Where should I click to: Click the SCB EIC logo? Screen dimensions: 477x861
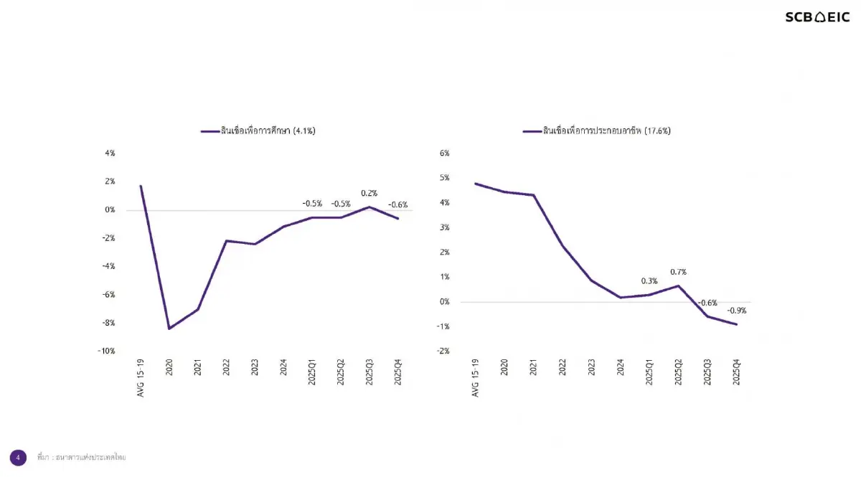pos(817,17)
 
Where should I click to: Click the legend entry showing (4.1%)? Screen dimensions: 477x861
pos(258,131)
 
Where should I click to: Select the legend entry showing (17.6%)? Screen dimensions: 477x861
pos(597,131)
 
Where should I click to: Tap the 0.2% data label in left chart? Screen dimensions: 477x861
pos(370,193)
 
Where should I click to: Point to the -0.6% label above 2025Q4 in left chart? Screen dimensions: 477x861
pos(397,204)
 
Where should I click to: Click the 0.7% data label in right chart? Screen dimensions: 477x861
pos(678,272)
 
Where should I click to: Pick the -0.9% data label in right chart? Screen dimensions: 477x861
pos(737,311)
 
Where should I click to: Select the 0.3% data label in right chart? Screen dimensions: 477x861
pos(649,280)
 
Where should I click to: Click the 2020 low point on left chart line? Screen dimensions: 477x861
pos(169,329)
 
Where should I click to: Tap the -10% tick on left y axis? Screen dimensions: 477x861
pos(106,351)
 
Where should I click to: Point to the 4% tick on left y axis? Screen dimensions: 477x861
pos(110,154)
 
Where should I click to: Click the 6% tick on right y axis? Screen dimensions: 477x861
pos(444,154)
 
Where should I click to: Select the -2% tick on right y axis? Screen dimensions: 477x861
pos(443,351)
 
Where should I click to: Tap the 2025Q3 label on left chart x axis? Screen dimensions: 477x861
pos(370,372)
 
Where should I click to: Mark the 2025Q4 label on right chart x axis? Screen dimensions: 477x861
pos(735,372)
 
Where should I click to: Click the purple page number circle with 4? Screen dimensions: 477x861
pos(18,457)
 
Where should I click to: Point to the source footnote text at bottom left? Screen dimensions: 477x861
pos(81,457)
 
